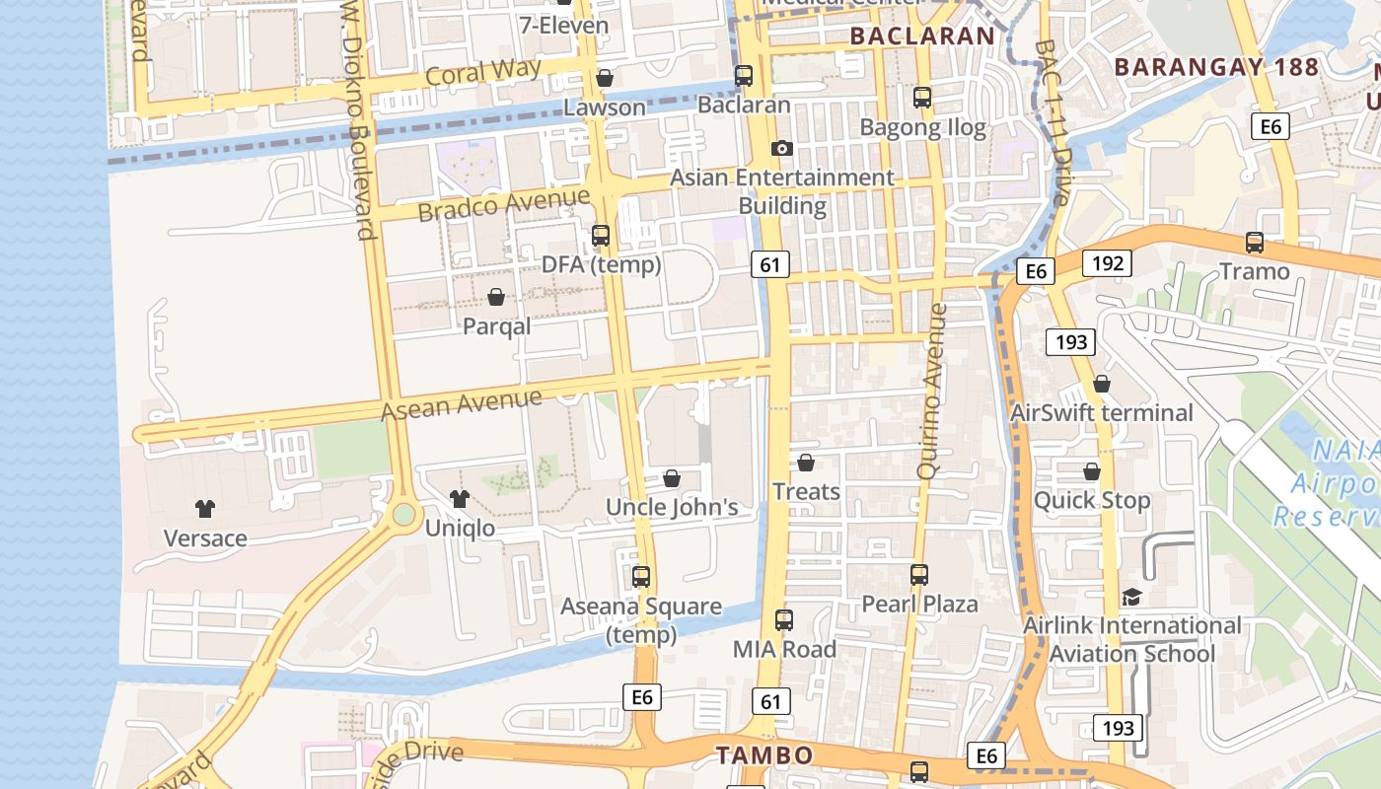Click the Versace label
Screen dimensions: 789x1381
pyautogui.click(x=205, y=538)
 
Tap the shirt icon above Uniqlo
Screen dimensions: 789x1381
pyautogui.click(x=460, y=499)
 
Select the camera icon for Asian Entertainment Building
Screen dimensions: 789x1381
pyautogui.click(x=782, y=148)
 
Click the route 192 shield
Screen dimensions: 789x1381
pyautogui.click(x=1107, y=263)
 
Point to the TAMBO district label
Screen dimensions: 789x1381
pyautogui.click(x=764, y=755)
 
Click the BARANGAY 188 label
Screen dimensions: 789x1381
pyautogui.click(x=1215, y=67)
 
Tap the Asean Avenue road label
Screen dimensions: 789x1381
pyautogui.click(x=462, y=403)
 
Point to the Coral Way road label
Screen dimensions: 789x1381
pyautogui.click(x=483, y=72)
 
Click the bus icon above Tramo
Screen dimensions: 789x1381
pyautogui.click(x=1255, y=243)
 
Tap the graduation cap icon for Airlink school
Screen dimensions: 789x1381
pyautogui.click(x=1131, y=598)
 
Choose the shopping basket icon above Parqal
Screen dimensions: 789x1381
pyautogui.click(x=496, y=297)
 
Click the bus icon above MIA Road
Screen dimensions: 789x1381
pyautogui.click(x=784, y=620)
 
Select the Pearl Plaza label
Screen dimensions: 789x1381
pyautogui.click(x=919, y=604)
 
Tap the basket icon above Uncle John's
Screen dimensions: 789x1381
pyautogui.click(x=672, y=478)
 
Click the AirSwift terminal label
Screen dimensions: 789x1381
pyautogui.click(x=1102, y=412)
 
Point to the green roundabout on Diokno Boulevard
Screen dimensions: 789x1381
pyautogui.click(x=402, y=514)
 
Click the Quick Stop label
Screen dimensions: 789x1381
pyautogui.click(x=1092, y=500)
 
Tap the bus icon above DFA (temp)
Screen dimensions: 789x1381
pyautogui.click(x=600, y=236)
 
